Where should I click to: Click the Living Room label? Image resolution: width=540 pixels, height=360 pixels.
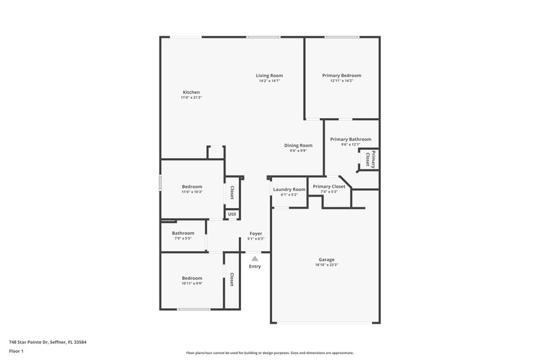click(x=269, y=75)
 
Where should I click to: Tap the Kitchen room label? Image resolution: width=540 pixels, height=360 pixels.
click(x=191, y=92)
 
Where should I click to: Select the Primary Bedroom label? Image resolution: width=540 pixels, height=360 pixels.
click(x=342, y=75)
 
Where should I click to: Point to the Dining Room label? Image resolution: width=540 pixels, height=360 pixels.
click(x=298, y=145)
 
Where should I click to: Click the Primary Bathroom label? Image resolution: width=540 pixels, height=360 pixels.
click(x=350, y=139)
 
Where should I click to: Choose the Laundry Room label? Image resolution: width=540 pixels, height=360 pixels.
click(x=289, y=190)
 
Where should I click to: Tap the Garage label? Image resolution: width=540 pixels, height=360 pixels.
click(x=327, y=259)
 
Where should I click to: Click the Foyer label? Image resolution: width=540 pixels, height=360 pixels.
click(x=256, y=233)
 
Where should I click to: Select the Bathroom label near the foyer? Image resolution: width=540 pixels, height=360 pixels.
click(x=183, y=233)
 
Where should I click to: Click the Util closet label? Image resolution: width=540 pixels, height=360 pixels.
click(x=232, y=214)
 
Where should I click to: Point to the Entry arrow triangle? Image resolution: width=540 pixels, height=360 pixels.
click(x=254, y=258)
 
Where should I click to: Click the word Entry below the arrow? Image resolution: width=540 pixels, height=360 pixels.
click(x=254, y=267)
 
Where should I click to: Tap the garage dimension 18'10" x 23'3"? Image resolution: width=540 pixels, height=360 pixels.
click(x=327, y=265)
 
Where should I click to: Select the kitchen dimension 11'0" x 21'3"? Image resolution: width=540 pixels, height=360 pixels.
click(x=191, y=98)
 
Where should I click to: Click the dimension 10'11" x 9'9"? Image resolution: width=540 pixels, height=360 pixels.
click(x=192, y=284)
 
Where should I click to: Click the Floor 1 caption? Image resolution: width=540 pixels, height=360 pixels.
click(x=16, y=352)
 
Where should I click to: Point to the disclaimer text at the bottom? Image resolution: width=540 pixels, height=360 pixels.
click(x=269, y=353)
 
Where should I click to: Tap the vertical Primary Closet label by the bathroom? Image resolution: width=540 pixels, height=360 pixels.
click(x=369, y=158)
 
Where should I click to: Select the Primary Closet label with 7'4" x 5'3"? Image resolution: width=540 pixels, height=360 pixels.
click(x=329, y=186)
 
